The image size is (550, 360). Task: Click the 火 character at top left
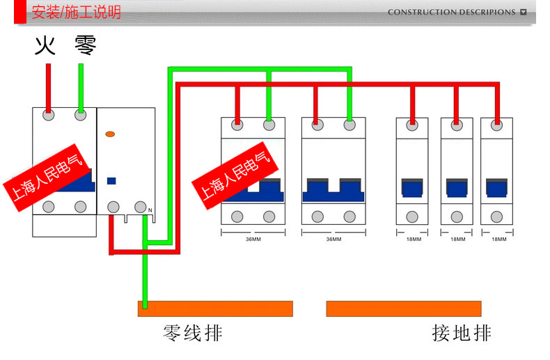[45, 46]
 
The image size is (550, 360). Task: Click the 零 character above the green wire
[85, 46]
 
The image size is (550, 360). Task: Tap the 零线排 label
[193, 333]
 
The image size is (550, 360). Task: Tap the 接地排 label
[461, 333]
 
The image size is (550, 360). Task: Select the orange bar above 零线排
[215, 308]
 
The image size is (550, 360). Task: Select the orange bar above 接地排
[404, 308]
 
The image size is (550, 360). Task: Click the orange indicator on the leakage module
[110, 132]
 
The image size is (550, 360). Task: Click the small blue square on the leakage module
[111, 180]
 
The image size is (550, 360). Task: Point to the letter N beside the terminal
[150, 210]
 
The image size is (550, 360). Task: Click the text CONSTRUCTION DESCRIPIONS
[451, 13]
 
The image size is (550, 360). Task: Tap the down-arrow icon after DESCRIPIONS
[524, 13]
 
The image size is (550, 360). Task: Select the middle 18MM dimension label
[457, 240]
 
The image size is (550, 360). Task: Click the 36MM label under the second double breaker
[333, 240]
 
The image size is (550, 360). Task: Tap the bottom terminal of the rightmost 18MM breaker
[496, 216]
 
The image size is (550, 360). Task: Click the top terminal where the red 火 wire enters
[49, 116]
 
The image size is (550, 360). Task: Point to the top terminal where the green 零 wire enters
[81, 116]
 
